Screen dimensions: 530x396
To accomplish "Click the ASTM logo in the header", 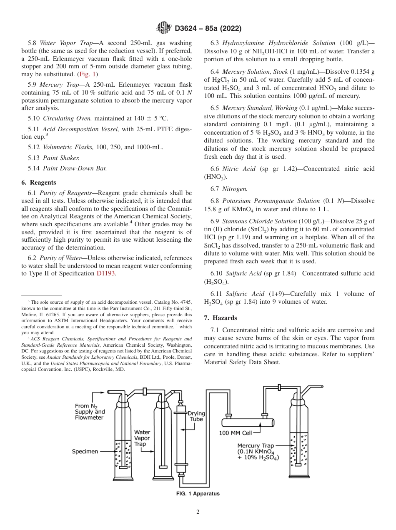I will (163, 28).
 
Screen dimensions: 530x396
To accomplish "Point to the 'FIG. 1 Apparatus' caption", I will (198, 494).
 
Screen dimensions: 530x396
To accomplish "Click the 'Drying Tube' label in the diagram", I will (196, 416).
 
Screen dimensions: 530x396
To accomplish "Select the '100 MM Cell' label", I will (236, 433).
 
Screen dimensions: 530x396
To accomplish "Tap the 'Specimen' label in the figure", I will (85, 451).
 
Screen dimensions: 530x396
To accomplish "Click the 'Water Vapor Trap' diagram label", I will (142, 438).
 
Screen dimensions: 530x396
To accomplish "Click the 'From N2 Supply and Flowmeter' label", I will (90, 412).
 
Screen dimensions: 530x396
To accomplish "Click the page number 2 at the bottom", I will (198, 512).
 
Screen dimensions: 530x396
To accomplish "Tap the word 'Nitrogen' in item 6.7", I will (235, 189).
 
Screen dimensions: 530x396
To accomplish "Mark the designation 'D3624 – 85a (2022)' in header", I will (208, 28).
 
